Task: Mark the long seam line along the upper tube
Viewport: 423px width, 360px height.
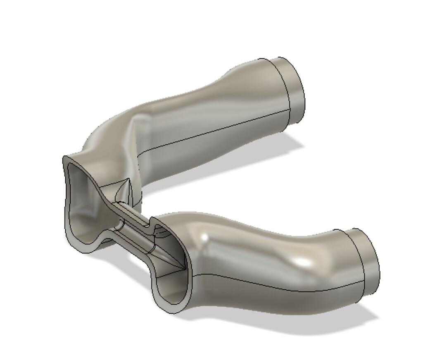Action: (215, 130)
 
